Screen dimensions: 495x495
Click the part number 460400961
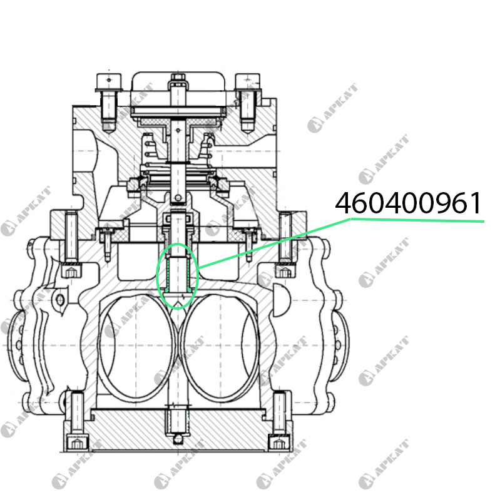tap(408, 203)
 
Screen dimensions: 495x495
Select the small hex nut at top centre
tap(178, 77)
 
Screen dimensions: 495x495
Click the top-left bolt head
tap(109, 83)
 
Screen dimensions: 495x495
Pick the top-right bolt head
tap(248, 83)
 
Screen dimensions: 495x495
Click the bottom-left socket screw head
tap(77, 442)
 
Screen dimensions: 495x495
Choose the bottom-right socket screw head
tap(279, 442)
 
